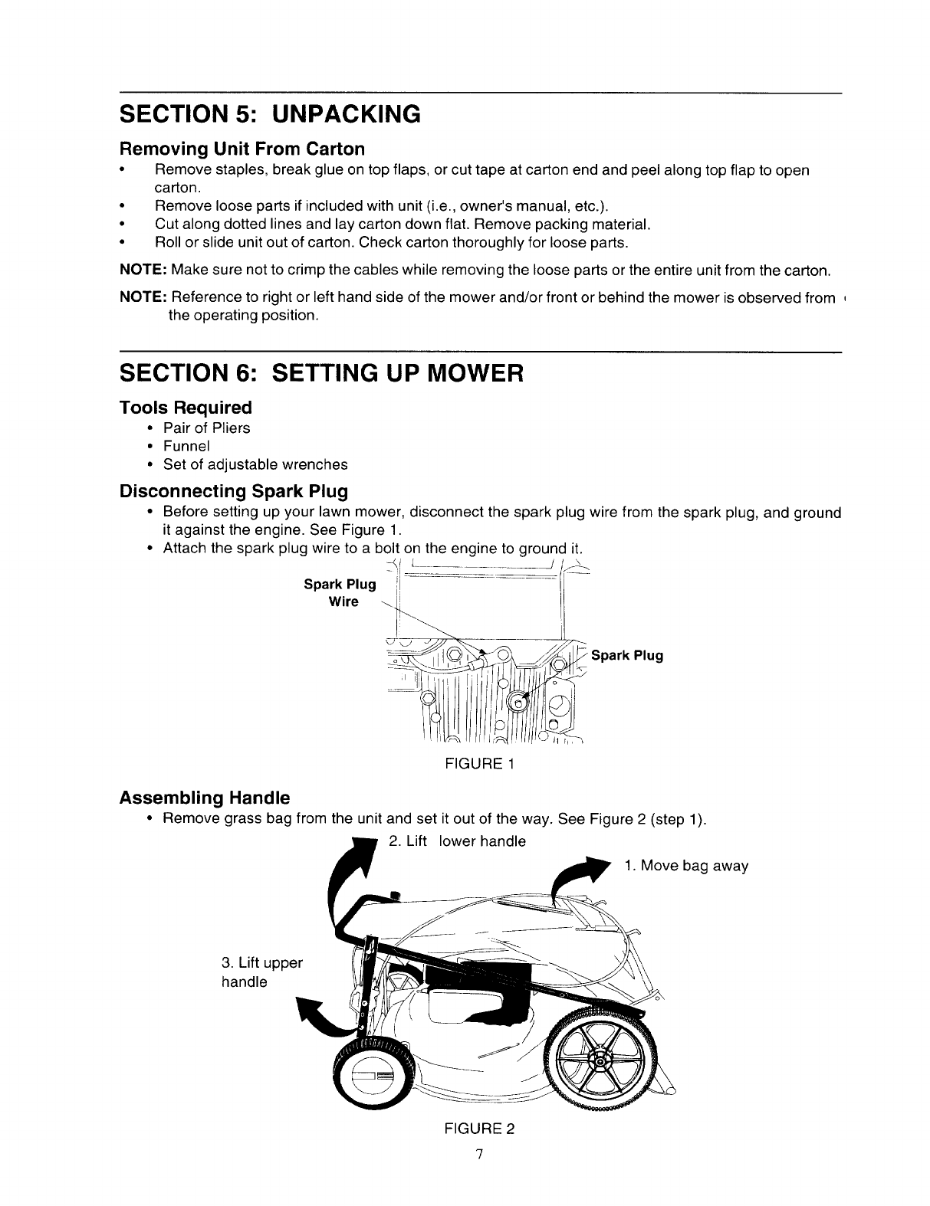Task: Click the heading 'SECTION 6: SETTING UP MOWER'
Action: point(321,374)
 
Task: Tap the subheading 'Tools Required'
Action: point(185,407)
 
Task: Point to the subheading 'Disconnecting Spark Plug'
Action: point(233,490)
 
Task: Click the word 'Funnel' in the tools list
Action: point(186,446)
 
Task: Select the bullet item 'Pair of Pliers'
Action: point(206,428)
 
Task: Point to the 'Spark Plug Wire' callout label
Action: point(340,593)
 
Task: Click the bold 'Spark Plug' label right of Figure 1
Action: point(626,656)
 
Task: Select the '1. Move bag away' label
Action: point(685,866)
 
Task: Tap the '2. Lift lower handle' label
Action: point(458,841)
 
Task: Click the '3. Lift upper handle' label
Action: point(262,972)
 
